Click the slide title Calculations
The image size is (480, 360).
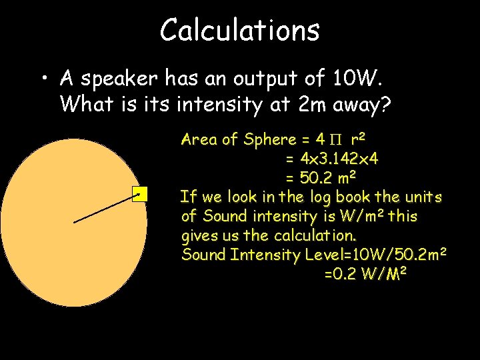coord(240,30)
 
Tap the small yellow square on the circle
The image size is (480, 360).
coord(139,195)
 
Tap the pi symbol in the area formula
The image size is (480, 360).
coord(336,140)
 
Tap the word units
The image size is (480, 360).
coord(420,197)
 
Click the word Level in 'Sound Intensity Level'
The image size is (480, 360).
coord(323,254)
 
